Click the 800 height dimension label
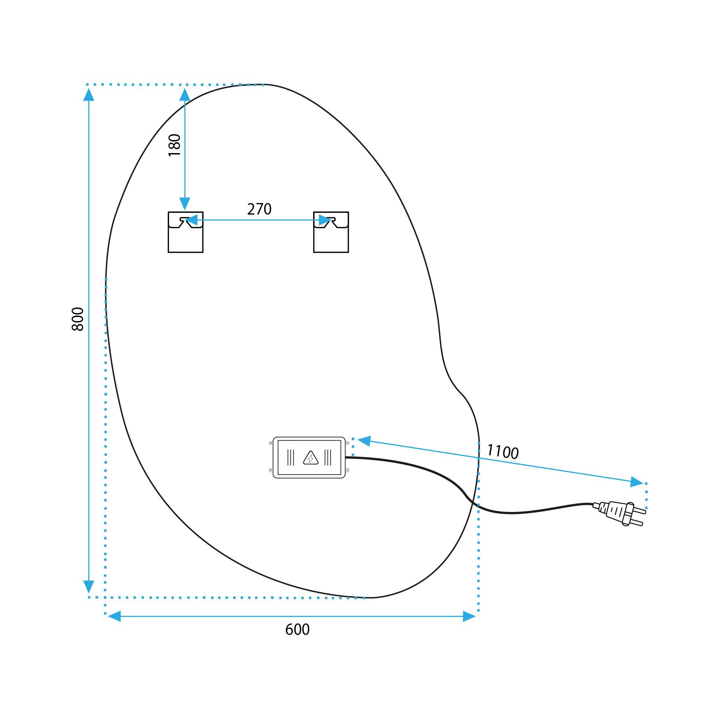coord(78,319)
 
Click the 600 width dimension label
coord(297,629)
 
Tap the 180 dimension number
coord(174,145)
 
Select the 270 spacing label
coord(259,209)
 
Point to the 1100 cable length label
coord(503,452)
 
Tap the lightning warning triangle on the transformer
coord(311,458)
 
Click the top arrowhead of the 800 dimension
coord(89,94)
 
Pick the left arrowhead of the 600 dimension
coord(114,616)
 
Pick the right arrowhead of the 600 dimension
coord(469,616)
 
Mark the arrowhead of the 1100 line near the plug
coord(637,482)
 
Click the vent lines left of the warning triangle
coord(291,457)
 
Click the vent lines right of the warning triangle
coord(328,457)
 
